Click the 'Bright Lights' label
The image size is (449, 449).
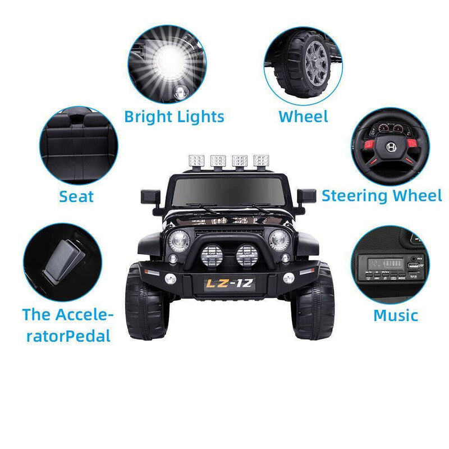point(174,117)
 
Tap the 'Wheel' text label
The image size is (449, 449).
point(303,117)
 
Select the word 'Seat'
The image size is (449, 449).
point(76,196)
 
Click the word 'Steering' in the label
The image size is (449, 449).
point(354,196)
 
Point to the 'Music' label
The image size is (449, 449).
point(396,315)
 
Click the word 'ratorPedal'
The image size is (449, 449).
point(67,336)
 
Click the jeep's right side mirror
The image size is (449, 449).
point(307,196)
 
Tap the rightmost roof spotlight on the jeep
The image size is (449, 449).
point(261,161)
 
